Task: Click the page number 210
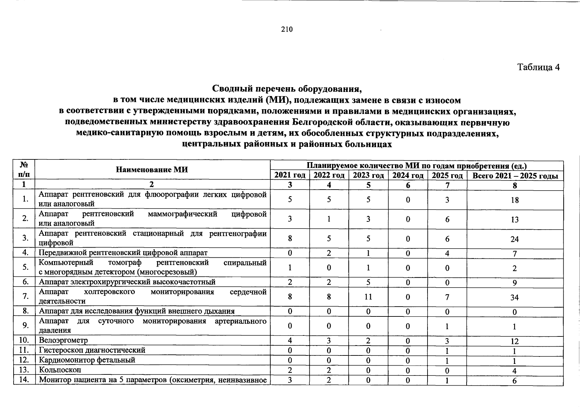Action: [287, 30]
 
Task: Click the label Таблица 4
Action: [538, 67]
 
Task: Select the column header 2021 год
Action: [290, 175]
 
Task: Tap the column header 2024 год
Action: [408, 175]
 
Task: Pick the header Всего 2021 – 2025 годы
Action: [515, 176]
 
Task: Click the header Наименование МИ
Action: [152, 170]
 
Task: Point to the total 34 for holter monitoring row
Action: [514, 297]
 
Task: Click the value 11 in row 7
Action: [368, 297]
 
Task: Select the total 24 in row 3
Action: [514, 239]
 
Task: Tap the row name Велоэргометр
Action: [64, 340]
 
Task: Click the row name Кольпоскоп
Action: [60, 370]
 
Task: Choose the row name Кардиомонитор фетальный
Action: [87, 360]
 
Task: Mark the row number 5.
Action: [25, 267]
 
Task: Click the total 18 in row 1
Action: [514, 200]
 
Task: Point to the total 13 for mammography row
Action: [514, 220]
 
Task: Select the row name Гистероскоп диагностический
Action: [92, 350]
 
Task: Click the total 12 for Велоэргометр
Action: [514, 342]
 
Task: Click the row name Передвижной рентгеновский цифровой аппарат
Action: [123, 253]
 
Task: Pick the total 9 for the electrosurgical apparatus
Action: [514, 283]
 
